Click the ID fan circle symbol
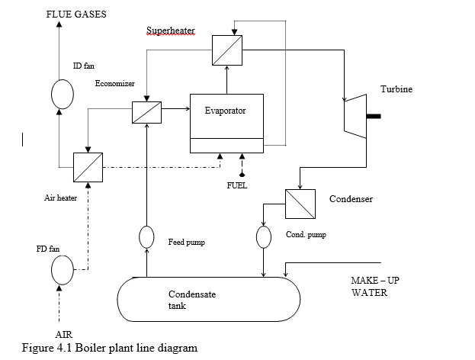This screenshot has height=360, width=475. point(62,94)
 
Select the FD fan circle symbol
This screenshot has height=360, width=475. point(62,270)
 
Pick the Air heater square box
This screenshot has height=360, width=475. point(87,167)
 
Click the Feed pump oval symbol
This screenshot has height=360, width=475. point(146,237)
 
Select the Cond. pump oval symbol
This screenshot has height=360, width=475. point(264,236)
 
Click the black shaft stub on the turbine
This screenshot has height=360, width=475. point(374,117)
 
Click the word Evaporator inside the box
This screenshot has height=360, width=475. point(226,111)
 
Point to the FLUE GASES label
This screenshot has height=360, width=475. point(76,14)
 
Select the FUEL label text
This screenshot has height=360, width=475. point(236,185)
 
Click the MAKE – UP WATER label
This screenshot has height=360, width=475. point(375,286)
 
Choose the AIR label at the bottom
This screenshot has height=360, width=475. point(65,335)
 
